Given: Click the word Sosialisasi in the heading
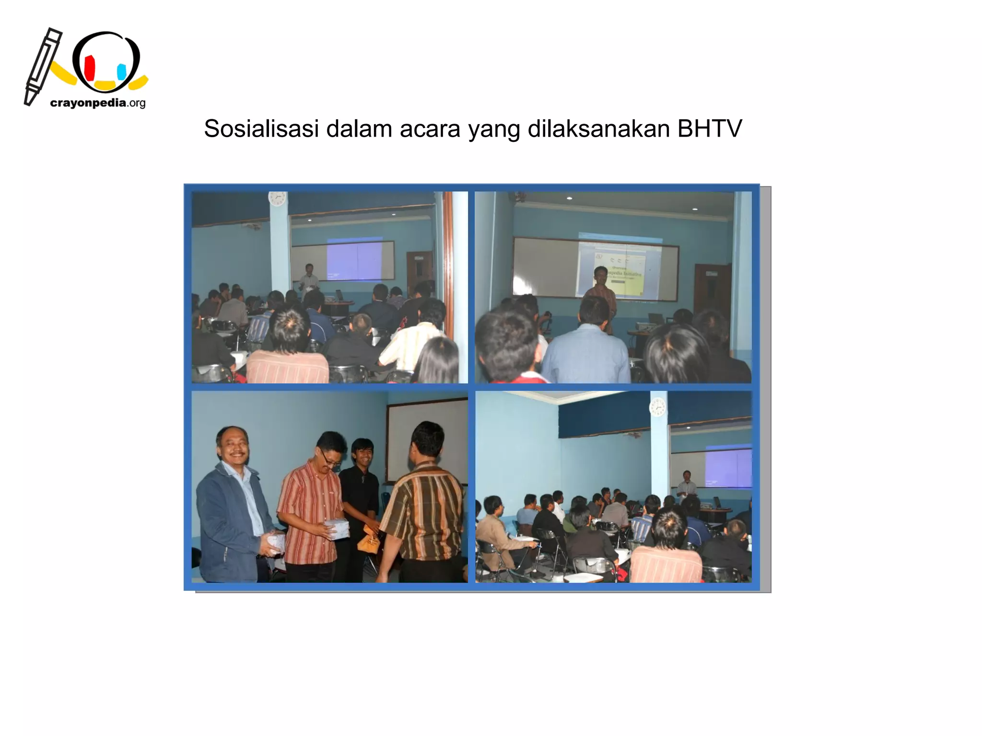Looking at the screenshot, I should [261, 128].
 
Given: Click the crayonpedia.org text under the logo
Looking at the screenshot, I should [97, 103].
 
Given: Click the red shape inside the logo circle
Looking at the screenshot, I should [89, 68].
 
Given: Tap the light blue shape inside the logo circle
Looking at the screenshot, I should [121, 72].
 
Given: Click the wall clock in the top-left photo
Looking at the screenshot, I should [277, 198].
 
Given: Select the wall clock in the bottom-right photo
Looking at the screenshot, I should [657, 408].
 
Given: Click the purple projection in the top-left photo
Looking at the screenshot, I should [354, 259].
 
